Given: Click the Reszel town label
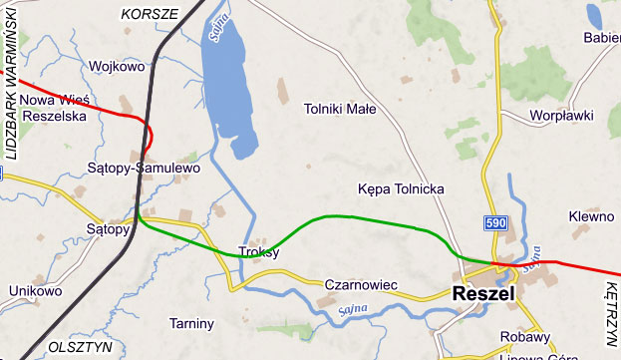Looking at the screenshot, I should click(482, 295).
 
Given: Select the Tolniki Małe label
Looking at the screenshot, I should click(340, 111).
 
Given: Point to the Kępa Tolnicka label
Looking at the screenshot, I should click(400, 188).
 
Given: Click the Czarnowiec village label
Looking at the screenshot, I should click(361, 286).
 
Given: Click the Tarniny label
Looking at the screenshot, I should click(191, 323).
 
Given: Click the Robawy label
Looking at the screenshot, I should click(525, 336).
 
